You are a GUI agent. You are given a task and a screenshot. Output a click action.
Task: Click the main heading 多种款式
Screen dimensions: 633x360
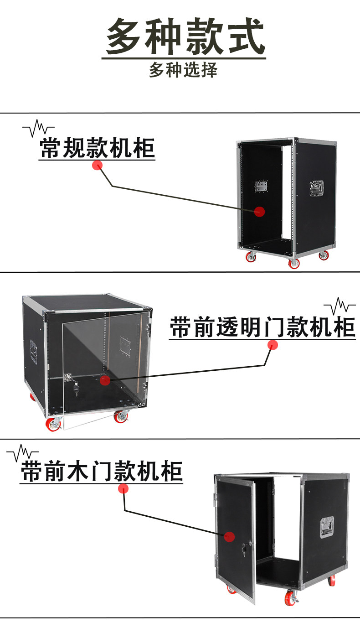tap(185, 36)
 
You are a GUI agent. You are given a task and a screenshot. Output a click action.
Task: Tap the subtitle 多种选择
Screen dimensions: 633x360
tap(183, 70)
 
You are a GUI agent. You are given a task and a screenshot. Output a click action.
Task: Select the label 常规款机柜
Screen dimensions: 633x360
tap(98, 148)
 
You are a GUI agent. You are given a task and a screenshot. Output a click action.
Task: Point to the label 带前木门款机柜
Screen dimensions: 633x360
tap(102, 472)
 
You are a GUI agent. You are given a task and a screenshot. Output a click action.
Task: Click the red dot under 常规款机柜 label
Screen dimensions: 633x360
tap(97, 165)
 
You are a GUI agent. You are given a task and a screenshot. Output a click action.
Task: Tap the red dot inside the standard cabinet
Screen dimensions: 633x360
tap(259, 211)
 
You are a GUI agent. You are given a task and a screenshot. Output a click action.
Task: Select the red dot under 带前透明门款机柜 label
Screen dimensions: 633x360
tap(273, 345)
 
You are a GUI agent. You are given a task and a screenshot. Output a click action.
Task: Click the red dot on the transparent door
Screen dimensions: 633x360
tap(105, 379)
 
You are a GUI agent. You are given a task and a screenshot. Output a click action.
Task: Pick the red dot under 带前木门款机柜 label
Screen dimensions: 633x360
tap(123, 489)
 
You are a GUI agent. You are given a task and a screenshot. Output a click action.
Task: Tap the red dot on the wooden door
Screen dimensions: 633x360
tap(229, 537)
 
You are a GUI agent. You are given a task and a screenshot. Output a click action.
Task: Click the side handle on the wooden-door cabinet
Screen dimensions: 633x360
tap(327, 527)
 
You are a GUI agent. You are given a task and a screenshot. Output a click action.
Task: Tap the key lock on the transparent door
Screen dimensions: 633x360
tap(76, 389)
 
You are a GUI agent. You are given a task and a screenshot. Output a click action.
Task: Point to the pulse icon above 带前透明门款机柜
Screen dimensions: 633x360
tap(339, 306)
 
